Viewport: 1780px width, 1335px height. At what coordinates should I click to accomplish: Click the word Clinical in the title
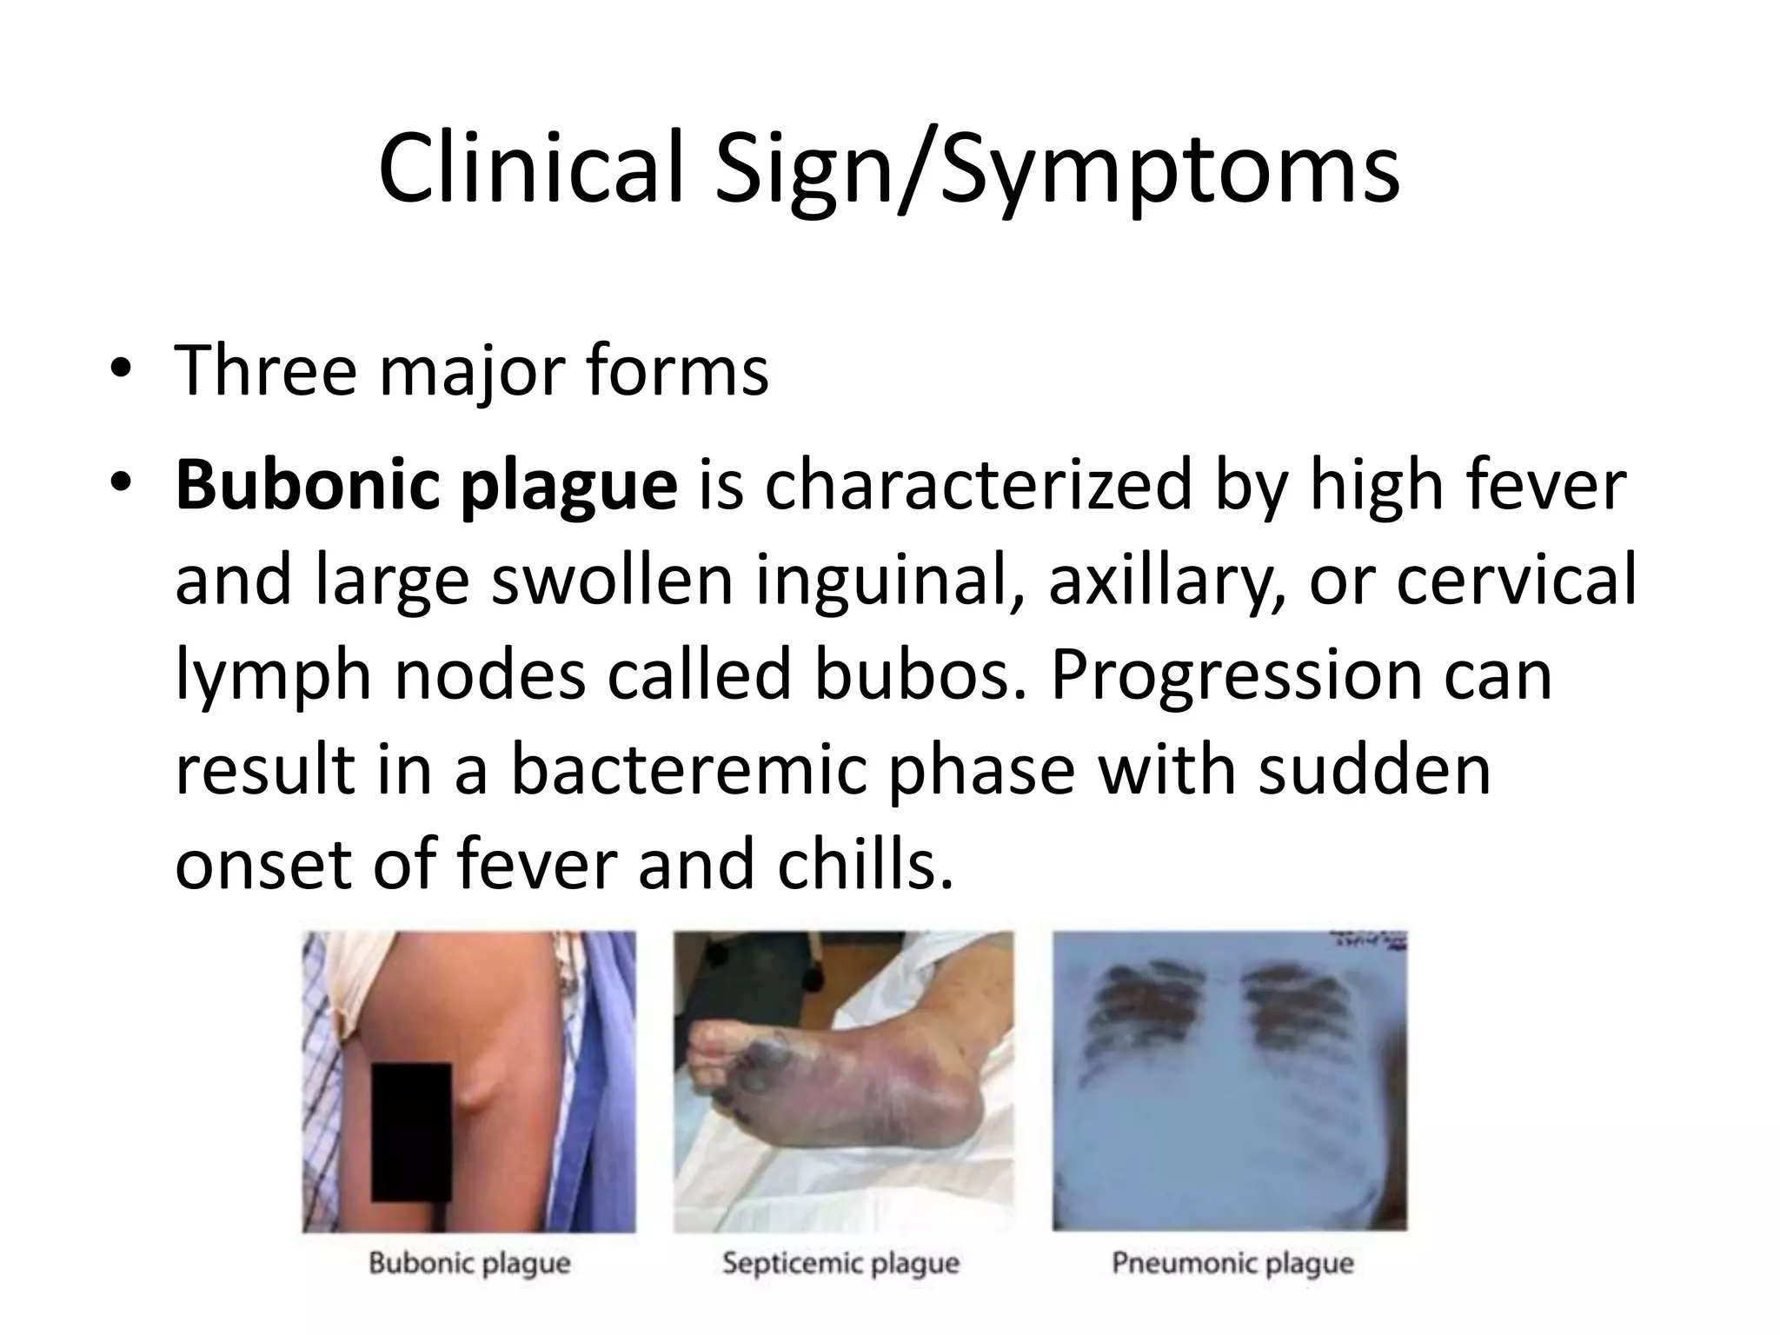point(530,169)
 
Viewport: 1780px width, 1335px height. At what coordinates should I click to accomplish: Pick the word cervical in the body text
point(1516,581)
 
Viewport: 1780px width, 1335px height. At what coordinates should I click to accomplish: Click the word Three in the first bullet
point(266,371)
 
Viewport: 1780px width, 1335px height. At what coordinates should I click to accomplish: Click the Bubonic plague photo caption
point(469,1263)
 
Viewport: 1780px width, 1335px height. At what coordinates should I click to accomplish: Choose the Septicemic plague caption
point(840,1263)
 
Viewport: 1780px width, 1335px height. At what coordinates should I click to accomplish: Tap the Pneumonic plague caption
point(1232,1263)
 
